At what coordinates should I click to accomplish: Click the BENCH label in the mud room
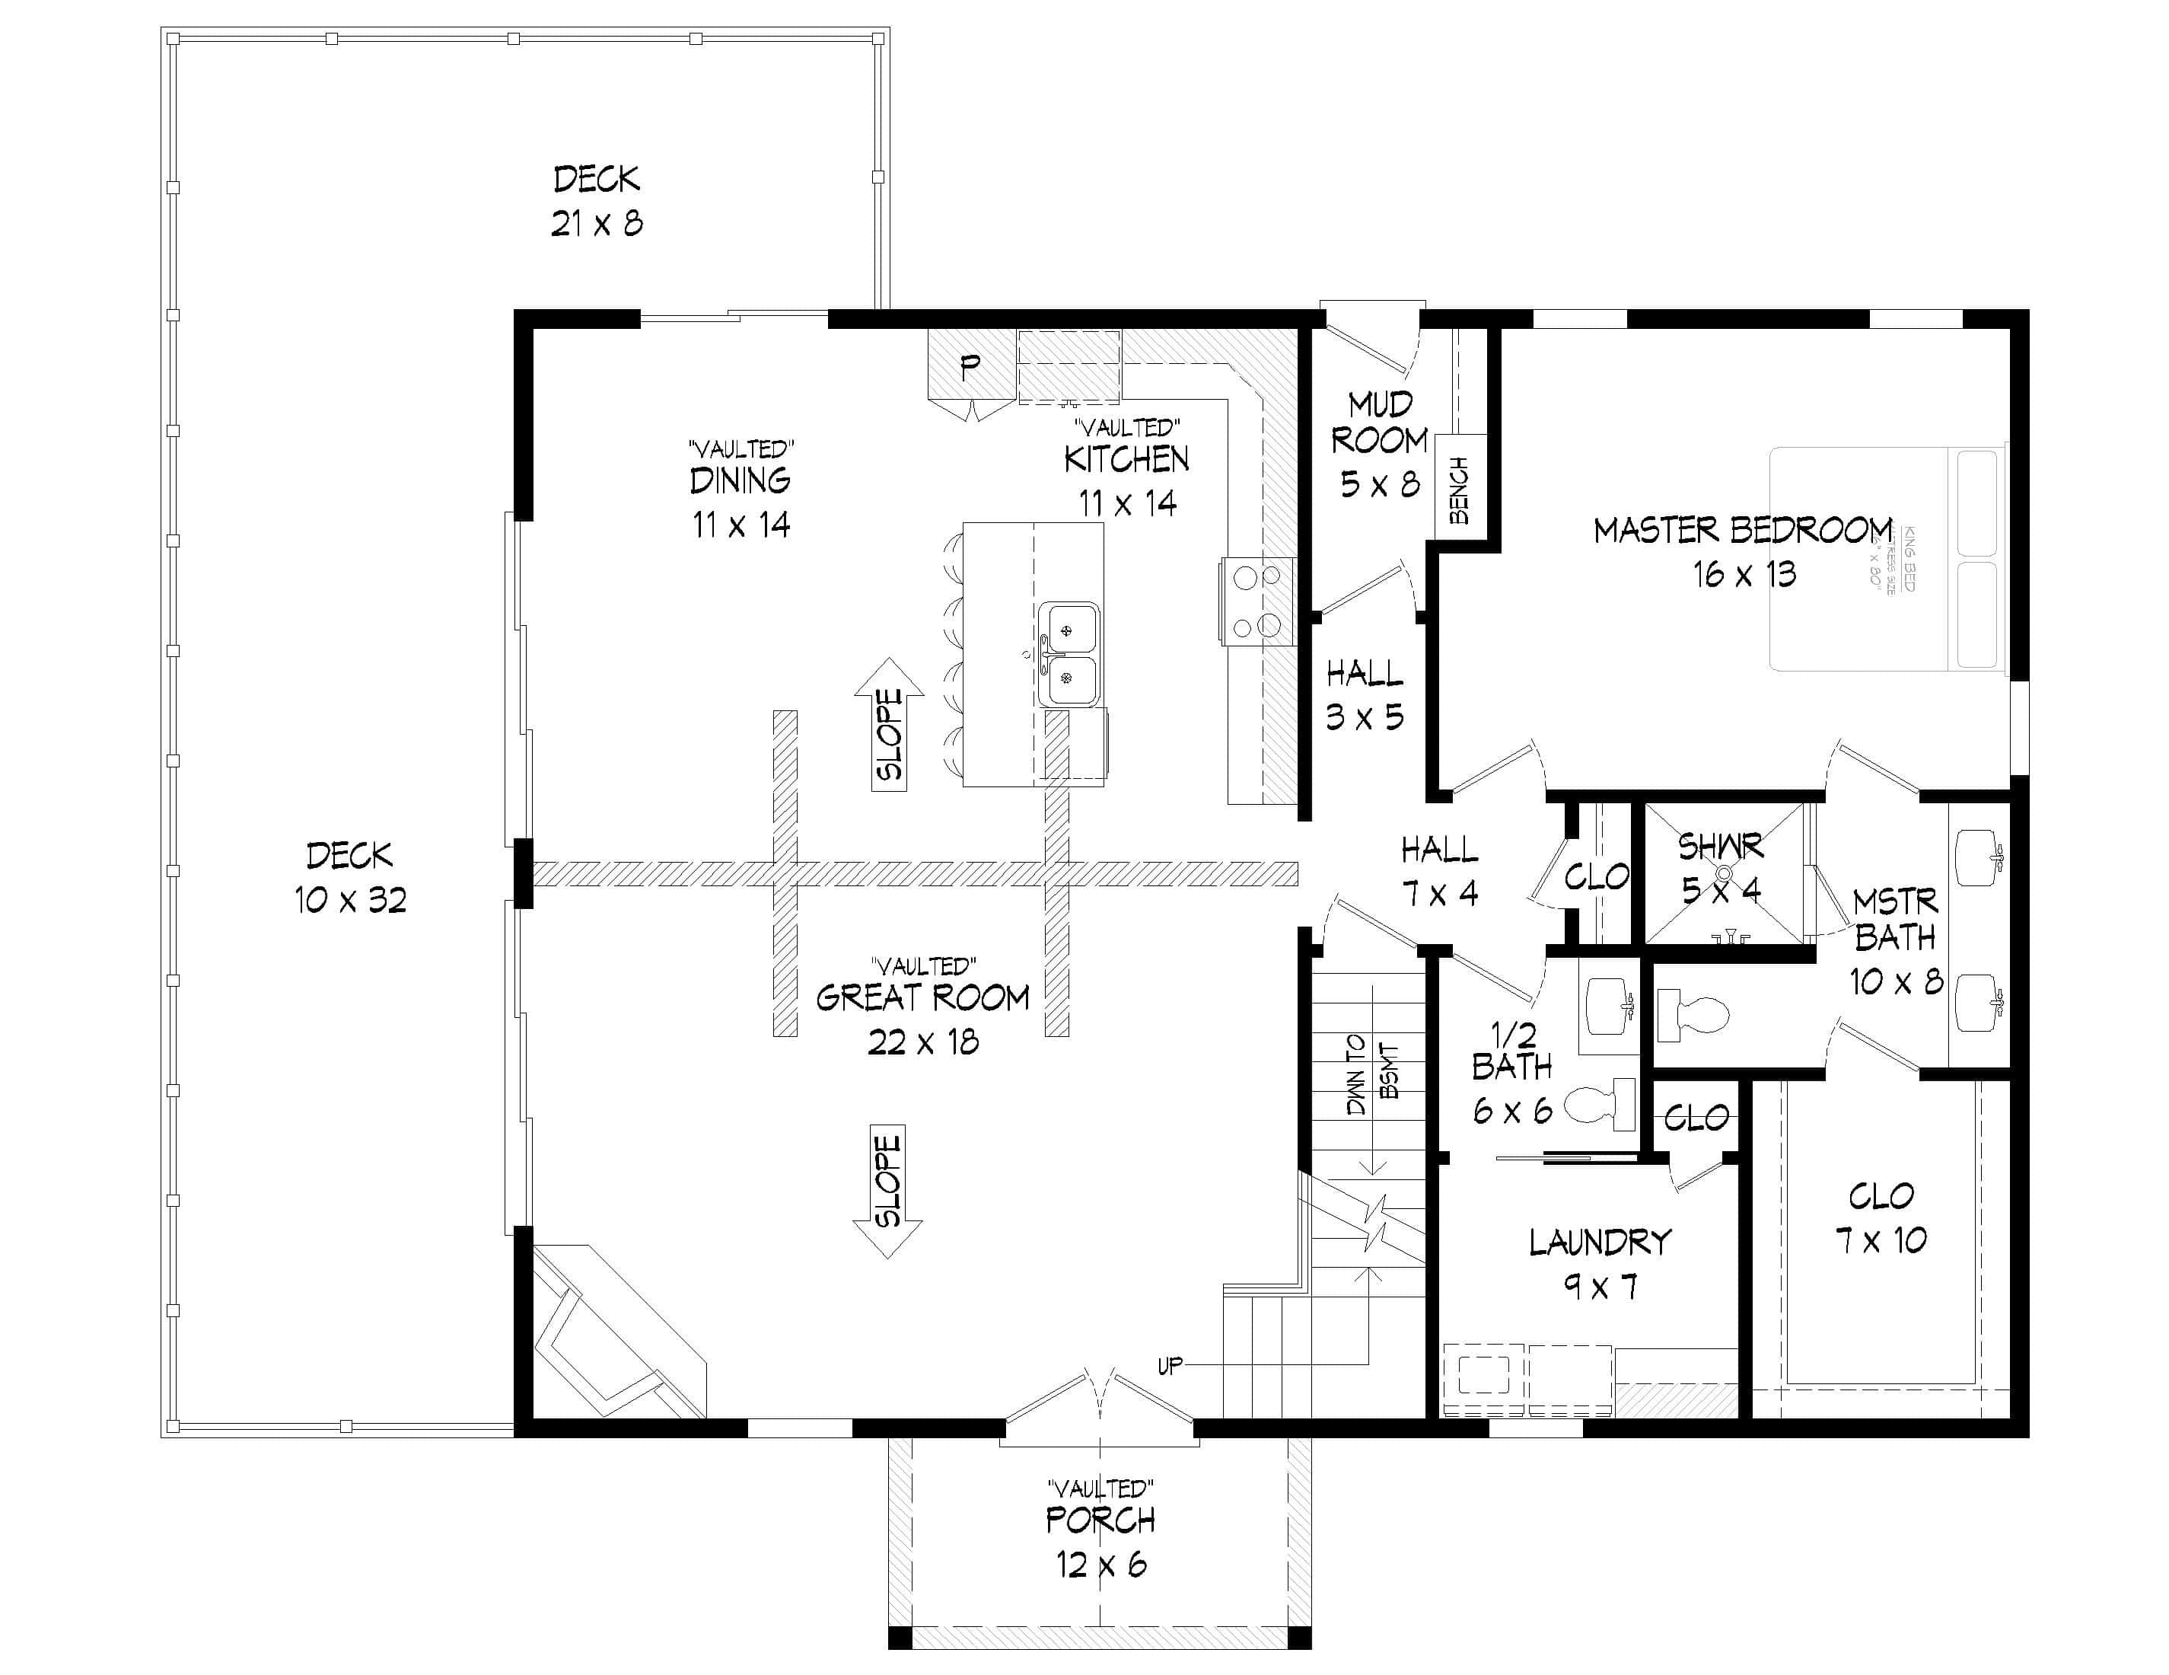pos(1459,490)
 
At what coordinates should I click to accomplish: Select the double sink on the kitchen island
pos(1069,654)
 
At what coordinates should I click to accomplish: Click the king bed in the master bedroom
pos(1887,560)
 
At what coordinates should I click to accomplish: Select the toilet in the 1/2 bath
pos(1600,1104)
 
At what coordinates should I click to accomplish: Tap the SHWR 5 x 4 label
pos(1721,867)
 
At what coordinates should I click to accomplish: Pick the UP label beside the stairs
pos(1170,1365)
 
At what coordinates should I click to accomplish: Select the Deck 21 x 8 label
pos(597,201)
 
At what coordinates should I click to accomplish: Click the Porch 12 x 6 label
pos(1100,1541)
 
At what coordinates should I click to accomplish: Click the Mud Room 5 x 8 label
pos(1380,443)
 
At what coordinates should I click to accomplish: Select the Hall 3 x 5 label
pos(1365,694)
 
